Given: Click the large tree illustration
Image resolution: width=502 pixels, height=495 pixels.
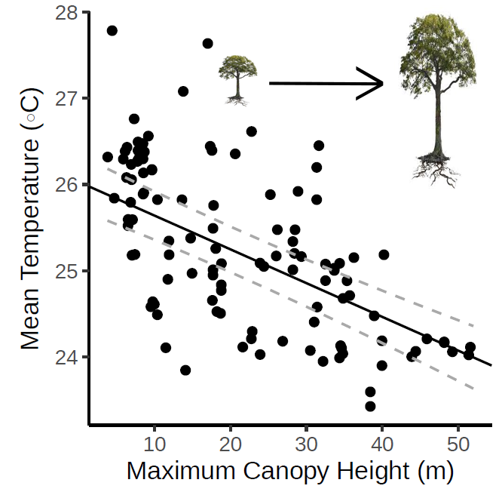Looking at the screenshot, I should pyautogui.click(x=439, y=91).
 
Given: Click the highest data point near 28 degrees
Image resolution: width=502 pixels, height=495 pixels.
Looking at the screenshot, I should pyautogui.click(x=112, y=31).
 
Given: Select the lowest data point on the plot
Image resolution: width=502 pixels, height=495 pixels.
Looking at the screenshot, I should pyautogui.click(x=370, y=406).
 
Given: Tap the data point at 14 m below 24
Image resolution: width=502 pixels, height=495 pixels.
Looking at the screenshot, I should pyautogui.click(x=185, y=370).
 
